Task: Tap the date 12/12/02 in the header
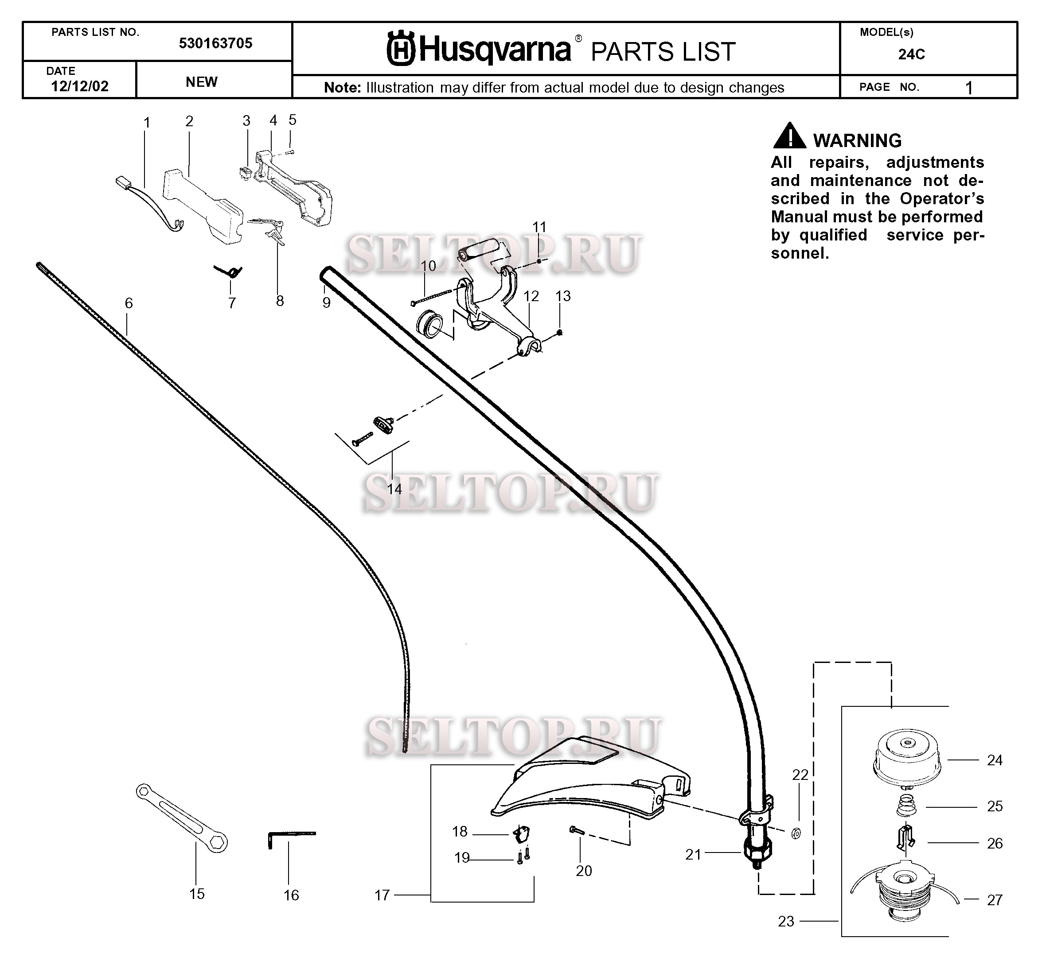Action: coord(80,86)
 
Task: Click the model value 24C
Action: coord(911,54)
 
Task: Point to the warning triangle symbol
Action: coord(789,136)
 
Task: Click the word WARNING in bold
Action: coord(857,141)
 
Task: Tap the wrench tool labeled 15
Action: coord(181,818)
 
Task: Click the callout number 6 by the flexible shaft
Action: coord(129,303)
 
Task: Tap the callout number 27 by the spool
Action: coord(994,900)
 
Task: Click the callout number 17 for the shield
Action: coord(382,895)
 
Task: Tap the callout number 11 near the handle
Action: coord(539,227)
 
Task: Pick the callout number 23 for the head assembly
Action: coord(786,922)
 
